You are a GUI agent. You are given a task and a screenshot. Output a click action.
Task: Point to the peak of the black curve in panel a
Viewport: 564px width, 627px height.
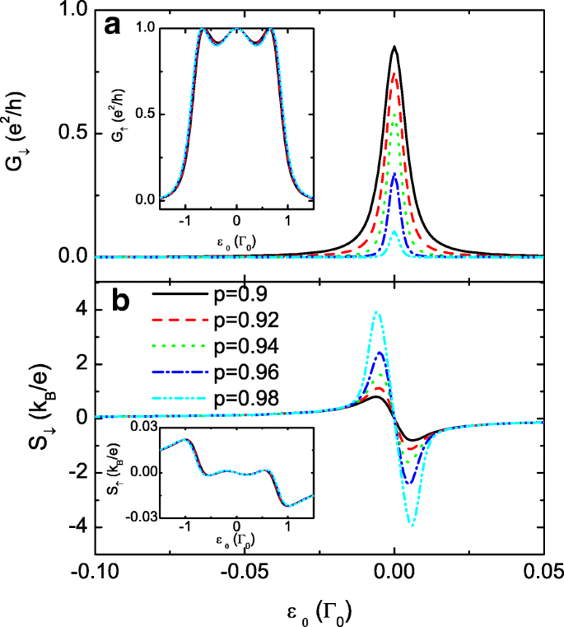[394, 47]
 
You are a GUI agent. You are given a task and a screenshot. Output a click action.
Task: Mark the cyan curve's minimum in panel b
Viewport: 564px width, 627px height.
[411, 525]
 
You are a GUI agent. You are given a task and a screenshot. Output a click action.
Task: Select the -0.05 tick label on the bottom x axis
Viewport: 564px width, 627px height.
[245, 571]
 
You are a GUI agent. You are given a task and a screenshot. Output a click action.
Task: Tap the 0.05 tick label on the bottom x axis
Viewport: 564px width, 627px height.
[543, 571]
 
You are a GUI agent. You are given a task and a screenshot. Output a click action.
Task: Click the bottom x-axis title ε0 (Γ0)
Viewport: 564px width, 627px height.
[319, 609]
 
